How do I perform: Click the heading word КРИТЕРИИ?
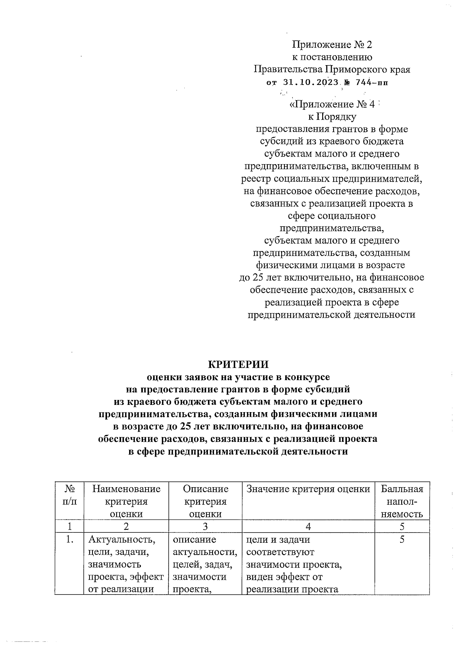click(238, 364)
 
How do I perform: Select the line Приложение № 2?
click(332, 45)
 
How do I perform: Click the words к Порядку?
click(332, 117)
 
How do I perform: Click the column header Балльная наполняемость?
click(402, 501)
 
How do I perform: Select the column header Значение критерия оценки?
click(308, 489)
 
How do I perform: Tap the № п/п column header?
click(69, 495)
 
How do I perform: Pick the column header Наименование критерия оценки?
click(126, 501)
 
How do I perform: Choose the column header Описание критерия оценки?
click(205, 501)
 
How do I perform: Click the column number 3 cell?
click(205, 527)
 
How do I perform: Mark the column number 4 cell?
click(308, 527)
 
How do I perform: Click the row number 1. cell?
click(69, 540)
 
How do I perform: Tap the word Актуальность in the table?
click(122, 540)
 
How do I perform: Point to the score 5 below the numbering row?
click(402, 540)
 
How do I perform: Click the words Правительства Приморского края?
click(332, 70)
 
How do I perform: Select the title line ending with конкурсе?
click(238, 377)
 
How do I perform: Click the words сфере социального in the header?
click(332, 216)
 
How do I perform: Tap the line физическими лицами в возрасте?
click(332, 265)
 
